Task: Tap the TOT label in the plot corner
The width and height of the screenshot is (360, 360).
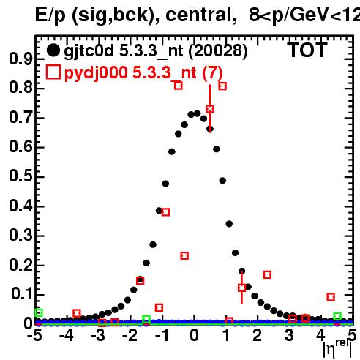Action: tap(307, 50)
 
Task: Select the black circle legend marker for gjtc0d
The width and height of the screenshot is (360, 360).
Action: tap(53, 50)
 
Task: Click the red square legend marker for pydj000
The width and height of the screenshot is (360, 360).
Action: tap(53, 72)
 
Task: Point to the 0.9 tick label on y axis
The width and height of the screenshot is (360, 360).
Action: tap(20, 59)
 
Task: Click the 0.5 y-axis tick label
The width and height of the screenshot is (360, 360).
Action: tap(20, 176)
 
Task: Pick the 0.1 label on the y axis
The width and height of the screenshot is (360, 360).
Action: tap(21, 293)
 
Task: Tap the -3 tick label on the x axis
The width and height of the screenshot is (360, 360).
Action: tap(97, 335)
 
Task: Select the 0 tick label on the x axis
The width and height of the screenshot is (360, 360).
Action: tap(194, 335)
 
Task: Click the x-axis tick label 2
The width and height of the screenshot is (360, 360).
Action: tap(257, 335)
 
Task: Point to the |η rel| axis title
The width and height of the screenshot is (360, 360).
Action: tap(337, 348)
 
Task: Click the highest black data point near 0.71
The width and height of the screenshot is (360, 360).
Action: tap(197, 113)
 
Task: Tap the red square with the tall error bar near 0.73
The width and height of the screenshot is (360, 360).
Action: tap(210, 109)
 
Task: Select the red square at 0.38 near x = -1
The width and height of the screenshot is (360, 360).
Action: tap(165, 212)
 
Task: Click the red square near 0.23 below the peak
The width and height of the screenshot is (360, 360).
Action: tap(184, 256)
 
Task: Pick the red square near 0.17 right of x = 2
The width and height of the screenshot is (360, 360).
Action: tap(267, 274)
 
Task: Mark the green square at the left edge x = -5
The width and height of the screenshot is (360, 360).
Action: tap(39, 312)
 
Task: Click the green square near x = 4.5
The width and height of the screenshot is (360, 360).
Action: tap(337, 316)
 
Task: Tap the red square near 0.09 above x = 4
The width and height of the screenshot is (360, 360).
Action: tap(331, 297)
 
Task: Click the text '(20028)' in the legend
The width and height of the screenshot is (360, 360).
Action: tap(218, 51)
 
